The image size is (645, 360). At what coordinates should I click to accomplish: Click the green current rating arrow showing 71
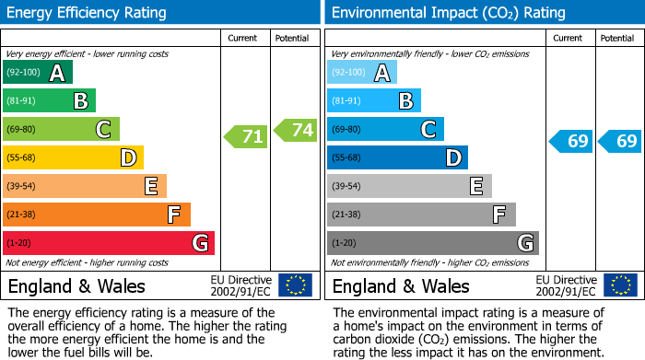point(246,137)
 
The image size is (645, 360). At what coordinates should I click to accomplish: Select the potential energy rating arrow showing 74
point(295,130)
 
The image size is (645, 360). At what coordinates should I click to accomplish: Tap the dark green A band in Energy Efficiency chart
point(38,73)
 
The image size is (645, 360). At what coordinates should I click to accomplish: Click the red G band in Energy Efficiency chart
point(109,243)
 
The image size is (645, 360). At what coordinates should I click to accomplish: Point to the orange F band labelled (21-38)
point(97,215)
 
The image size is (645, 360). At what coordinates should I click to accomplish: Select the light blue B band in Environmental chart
point(374,101)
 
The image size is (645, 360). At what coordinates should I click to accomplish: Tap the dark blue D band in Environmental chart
point(397,157)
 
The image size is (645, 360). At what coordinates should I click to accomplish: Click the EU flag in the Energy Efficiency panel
point(295,285)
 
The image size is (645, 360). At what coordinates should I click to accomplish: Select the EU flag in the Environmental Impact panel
point(619,285)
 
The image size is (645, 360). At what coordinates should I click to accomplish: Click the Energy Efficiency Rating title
point(88,13)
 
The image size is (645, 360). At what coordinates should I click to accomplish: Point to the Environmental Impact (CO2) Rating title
point(448,13)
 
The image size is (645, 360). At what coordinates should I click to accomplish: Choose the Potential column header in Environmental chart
point(616,38)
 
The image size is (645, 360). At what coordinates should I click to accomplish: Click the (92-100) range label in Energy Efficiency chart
point(23,73)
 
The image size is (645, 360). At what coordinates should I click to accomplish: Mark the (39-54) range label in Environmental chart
point(347,186)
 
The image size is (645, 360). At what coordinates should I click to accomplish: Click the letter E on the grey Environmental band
point(475,186)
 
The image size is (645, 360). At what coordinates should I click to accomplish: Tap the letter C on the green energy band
point(103,130)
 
